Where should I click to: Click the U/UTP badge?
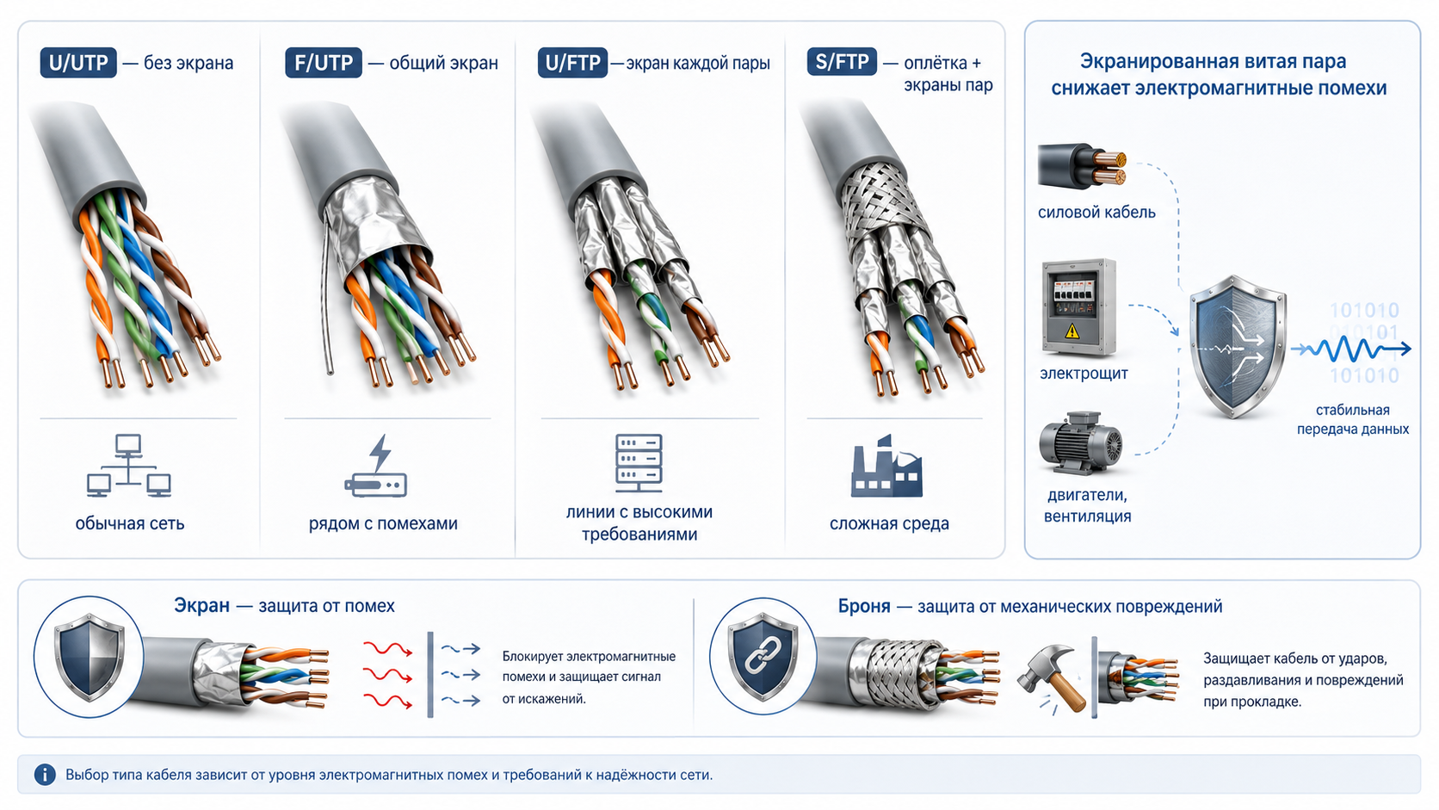click(78, 63)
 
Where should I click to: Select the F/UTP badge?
click(323, 63)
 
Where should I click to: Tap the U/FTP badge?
click(572, 63)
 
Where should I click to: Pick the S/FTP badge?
click(842, 62)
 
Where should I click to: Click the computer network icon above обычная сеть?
click(128, 466)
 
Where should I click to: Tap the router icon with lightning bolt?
click(376, 466)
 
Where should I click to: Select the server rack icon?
click(639, 463)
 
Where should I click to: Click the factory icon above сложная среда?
click(886, 466)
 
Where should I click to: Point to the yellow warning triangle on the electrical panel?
click(1072, 331)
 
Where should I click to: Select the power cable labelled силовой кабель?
click(1082, 166)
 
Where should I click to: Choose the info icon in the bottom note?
click(45, 775)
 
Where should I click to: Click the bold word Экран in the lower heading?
click(201, 606)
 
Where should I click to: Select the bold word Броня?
click(864, 606)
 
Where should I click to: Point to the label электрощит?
click(1084, 374)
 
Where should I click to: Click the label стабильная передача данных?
click(1352, 419)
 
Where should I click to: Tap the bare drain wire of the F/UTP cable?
click(326, 295)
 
